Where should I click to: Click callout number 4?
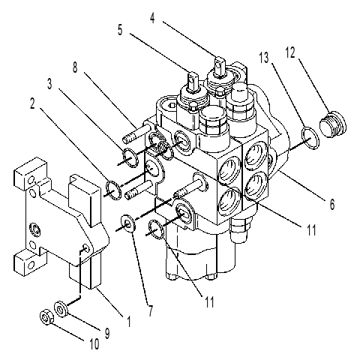pyautogui.click(x=152, y=18)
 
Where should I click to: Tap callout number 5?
pyautogui.click(x=120, y=30)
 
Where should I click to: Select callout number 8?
pyautogui.click(x=75, y=67)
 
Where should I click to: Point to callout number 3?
pyautogui.click(x=49, y=84)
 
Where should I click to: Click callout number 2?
pyautogui.click(x=32, y=103)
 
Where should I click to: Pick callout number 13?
pyautogui.click(x=264, y=58)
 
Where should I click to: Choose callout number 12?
pyautogui.click(x=290, y=52)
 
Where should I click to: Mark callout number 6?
pyautogui.click(x=332, y=205)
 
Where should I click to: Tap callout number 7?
pyautogui.click(x=151, y=310)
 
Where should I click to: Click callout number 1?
pyautogui.click(x=129, y=321)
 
